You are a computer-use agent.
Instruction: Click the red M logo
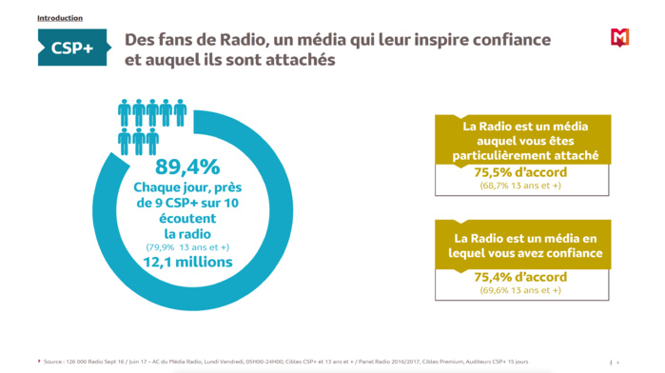click(x=619, y=39)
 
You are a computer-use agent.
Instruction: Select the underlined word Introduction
click(x=60, y=18)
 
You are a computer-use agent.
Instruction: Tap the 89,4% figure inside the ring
click(x=187, y=168)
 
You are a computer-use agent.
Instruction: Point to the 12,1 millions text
click(x=187, y=262)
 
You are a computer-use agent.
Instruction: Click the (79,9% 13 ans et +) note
click(x=187, y=246)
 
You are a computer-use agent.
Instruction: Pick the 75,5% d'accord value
click(x=520, y=172)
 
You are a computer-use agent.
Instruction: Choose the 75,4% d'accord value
click(x=520, y=277)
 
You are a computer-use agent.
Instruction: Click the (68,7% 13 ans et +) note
click(x=520, y=186)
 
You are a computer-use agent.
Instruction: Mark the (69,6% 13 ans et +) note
click(x=520, y=290)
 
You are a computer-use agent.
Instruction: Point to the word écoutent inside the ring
click(x=187, y=217)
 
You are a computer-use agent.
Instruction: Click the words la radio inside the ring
click(x=187, y=232)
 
